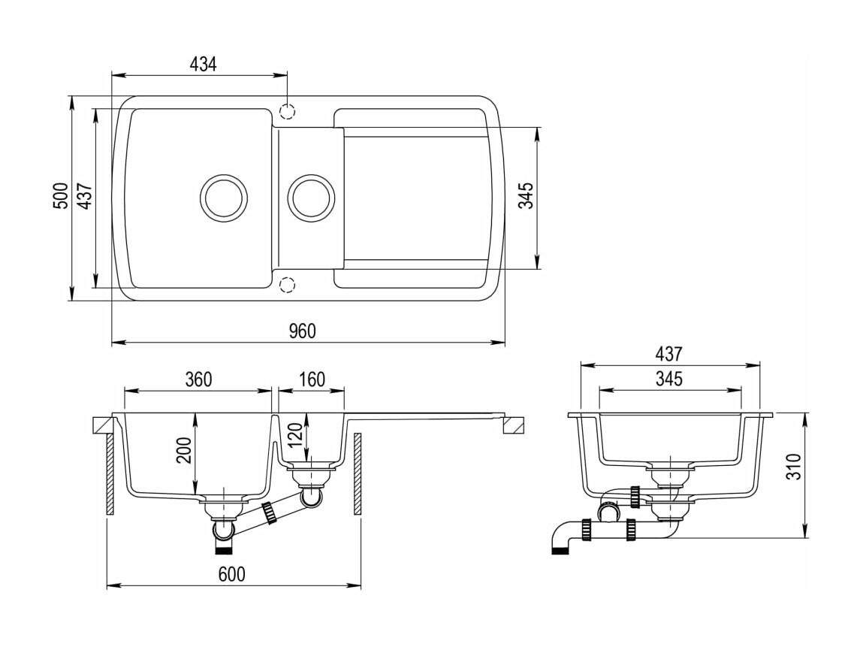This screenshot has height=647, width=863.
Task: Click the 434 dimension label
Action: [203, 65]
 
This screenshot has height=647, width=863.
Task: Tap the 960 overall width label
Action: [302, 331]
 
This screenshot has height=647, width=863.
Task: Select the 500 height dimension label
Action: [61, 195]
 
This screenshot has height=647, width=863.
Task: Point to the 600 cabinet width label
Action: [232, 574]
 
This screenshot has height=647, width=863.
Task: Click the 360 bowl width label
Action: [198, 379]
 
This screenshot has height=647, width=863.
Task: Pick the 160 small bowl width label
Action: [312, 379]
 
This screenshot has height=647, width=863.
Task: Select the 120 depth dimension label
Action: [295, 435]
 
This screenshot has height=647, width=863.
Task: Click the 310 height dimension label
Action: [793, 467]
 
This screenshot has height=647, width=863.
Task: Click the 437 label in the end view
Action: [668, 353]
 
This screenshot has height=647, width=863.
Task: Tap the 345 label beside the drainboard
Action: [527, 195]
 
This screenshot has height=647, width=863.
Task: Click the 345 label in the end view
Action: [668, 379]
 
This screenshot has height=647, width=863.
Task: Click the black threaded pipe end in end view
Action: [560, 549]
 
